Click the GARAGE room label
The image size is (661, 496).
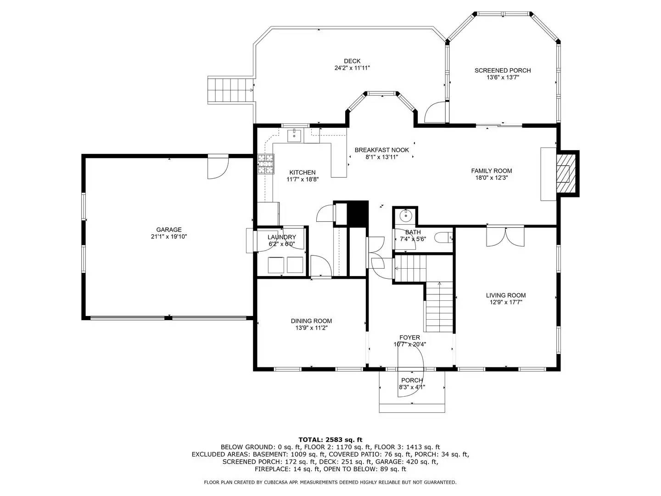click(x=168, y=230)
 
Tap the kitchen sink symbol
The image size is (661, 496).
click(x=294, y=135)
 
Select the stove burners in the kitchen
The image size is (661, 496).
click(x=266, y=164)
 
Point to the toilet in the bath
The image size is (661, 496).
click(x=444, y=238)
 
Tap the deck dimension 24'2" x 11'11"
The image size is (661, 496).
click(x=352, y=68)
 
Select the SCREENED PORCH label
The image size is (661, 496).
click(x=502, y=70)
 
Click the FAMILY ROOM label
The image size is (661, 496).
click(x=491, y=171)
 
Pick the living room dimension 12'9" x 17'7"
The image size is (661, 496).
click(x=505, y=302)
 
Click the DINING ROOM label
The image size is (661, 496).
click(x=311, y=321)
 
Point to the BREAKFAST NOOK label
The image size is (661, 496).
click(x=381, y=150)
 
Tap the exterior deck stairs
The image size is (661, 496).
click(x=230, y=90)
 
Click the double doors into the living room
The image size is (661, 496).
click(x=505, y=237)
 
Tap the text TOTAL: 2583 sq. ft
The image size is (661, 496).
click(x=330, y=440)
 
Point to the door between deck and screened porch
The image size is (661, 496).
click(x=435, y=112)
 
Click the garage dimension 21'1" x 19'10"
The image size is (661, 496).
click(x=168, y=237)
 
